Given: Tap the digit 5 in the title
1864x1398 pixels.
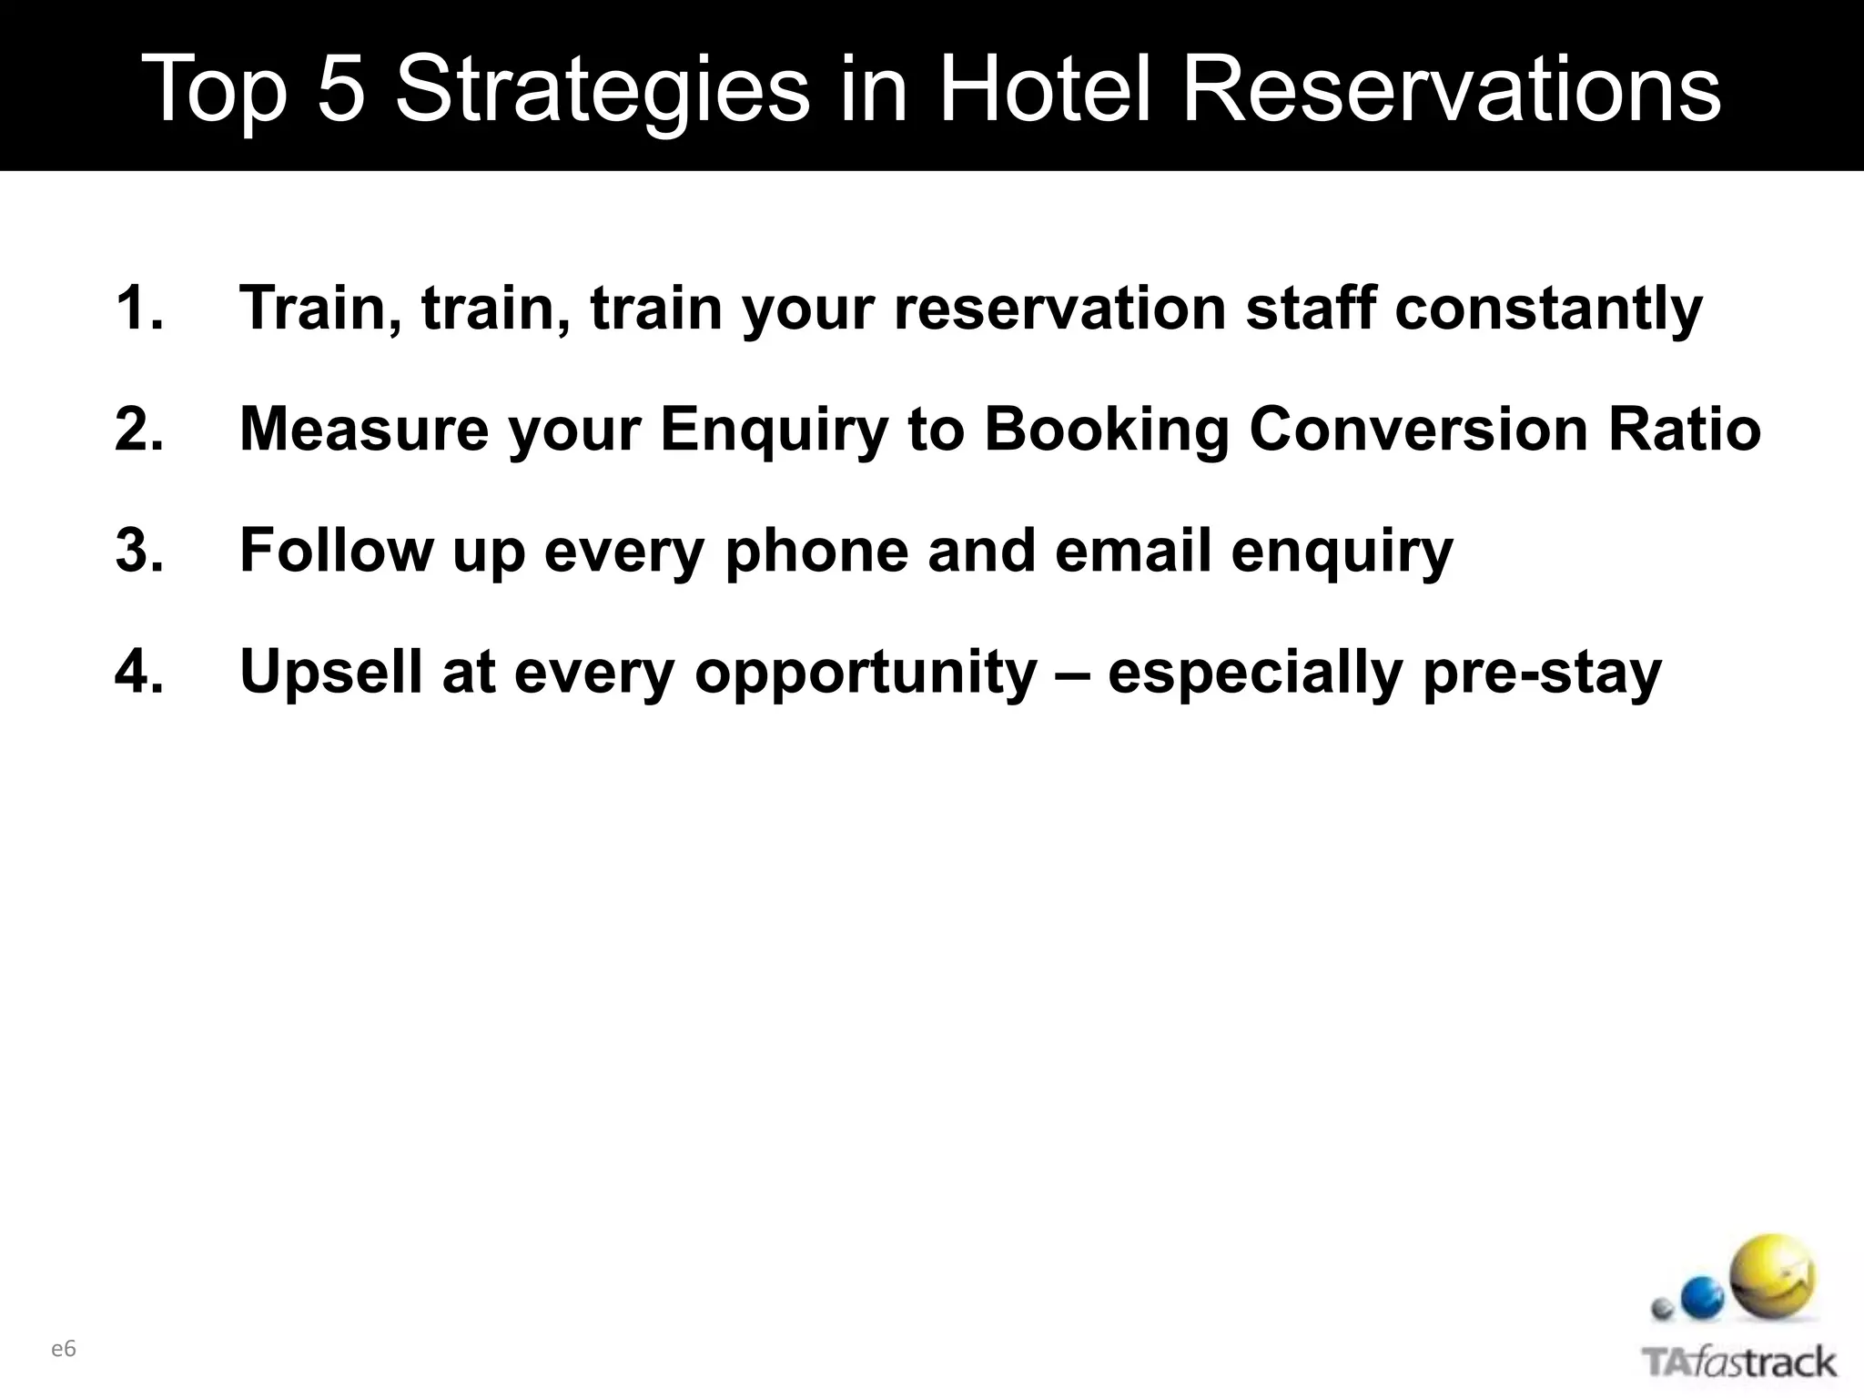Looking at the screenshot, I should (x=340, y=89).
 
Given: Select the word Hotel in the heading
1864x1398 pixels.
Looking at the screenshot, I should (x=1044, y=89).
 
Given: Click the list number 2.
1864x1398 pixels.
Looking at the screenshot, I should (x=139, y=429).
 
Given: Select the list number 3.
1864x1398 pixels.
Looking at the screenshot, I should (x=139, y=551).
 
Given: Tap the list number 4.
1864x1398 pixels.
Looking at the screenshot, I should (x=139, y=672).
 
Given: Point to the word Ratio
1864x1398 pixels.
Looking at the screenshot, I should (x=1685, y=429).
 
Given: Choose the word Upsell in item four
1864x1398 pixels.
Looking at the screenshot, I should (x=331, y=672).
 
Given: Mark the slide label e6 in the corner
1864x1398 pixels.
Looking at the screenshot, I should (x=64, y=1349).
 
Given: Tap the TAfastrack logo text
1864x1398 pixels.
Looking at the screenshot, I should (x=1739, y=1363).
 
